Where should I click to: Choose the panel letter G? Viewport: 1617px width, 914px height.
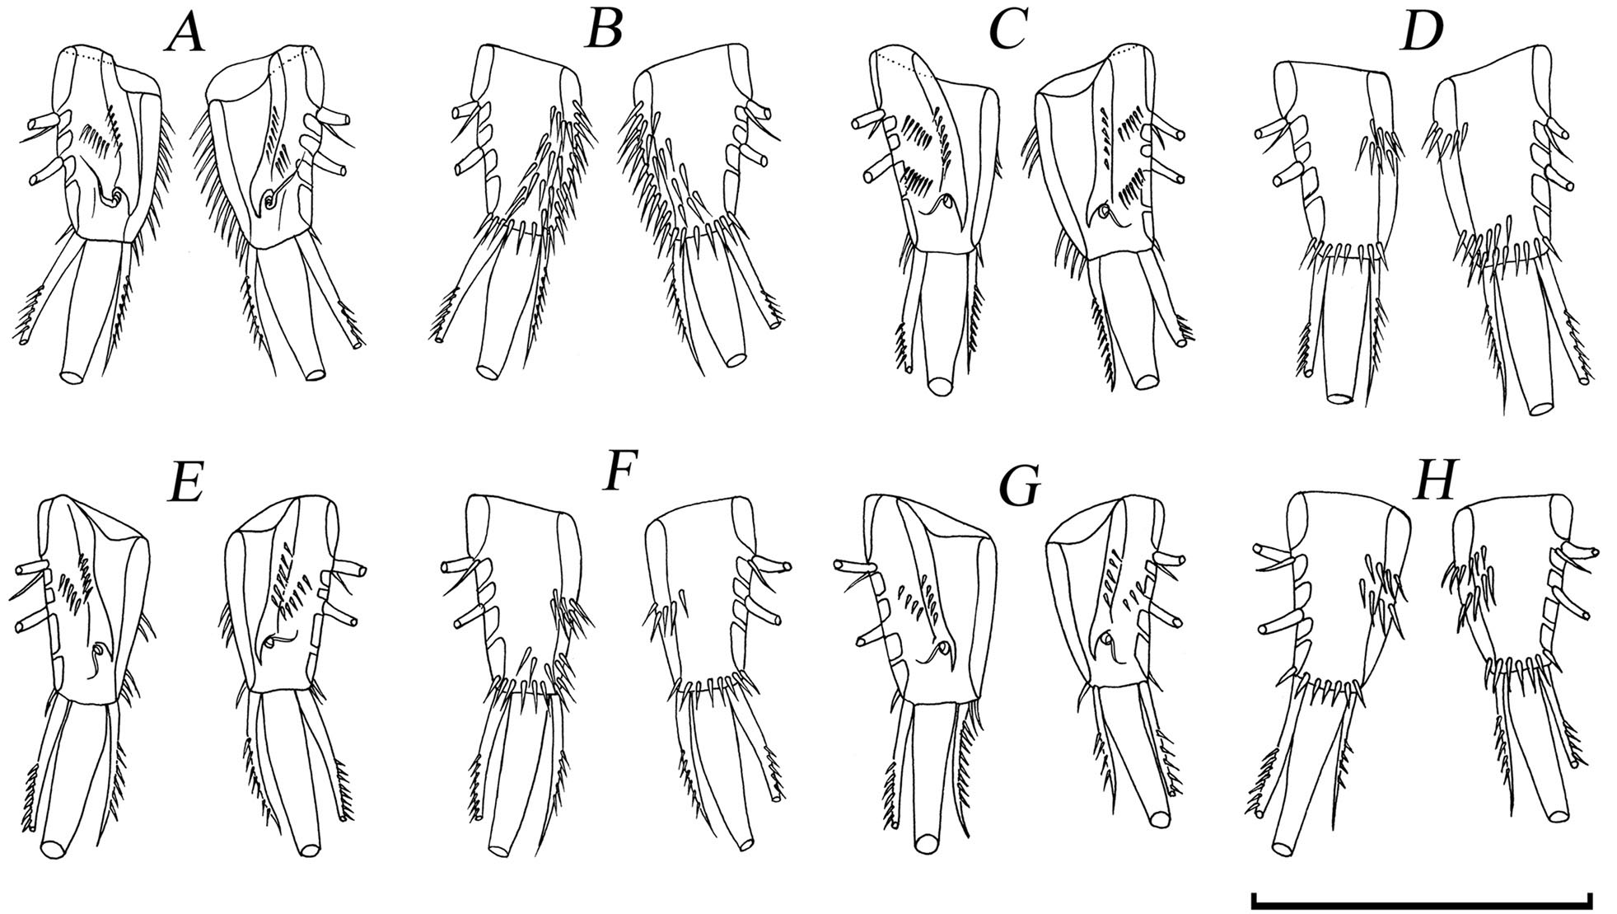[x=1019, y=487]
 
